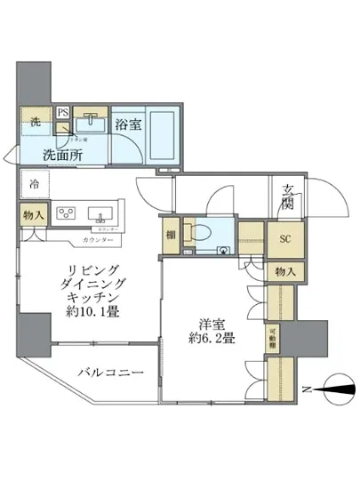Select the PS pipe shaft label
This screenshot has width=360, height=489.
click(63, 114)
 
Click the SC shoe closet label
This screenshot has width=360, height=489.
click(286, 239)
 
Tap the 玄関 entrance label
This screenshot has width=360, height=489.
click(290, 194)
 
